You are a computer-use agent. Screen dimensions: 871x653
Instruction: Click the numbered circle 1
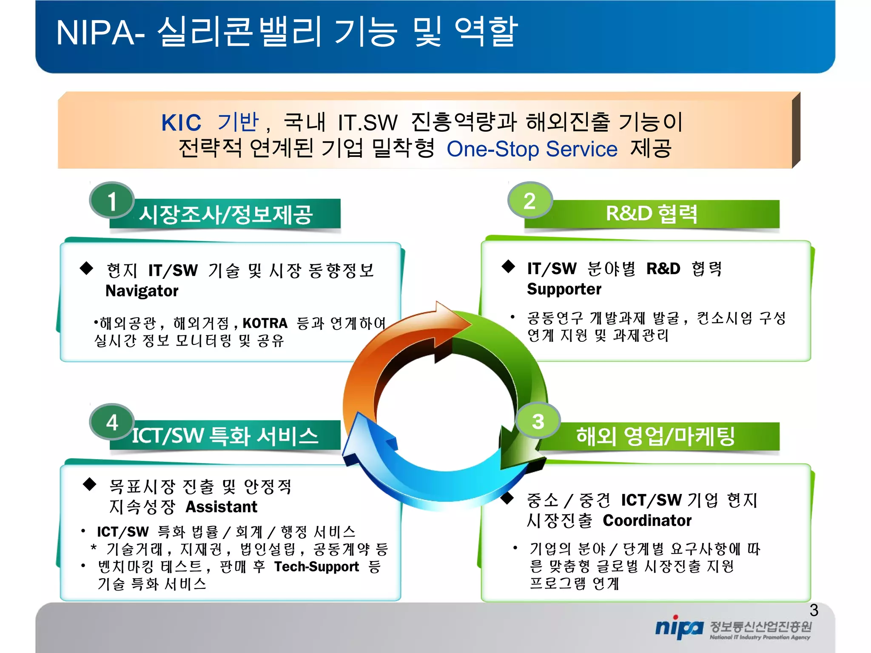pyautogui.click(x=111, y=200)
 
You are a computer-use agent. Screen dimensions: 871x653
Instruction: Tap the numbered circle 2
pyautogui.click(x=529, y=200)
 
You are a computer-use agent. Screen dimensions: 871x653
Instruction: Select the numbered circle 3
pyautogui.click(x=538, y=421)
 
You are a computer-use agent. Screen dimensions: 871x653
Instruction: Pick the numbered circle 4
pyautogui.click(x=111, y=422)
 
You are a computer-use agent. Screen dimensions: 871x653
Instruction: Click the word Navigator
pyautogui.click(x=142, y=291)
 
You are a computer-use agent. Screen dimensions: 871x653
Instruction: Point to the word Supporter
pyautogui.click(x=564, y=289)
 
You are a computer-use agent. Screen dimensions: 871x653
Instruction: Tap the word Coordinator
pyautogui.click(x=647, y=520)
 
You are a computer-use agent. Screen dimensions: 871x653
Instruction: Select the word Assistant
pyautogui.click(x=221, y=507)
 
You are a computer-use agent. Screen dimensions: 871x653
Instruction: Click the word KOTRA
pyautogui.click(x=265, y=323)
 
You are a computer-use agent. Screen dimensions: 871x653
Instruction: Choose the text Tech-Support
pyautogui.click(x=316, y=567)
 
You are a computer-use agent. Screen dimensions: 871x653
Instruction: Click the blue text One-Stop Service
pyautogui.click(x=532, y=149)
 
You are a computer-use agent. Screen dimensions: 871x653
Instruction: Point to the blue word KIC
pyautogui.click(x=181, y=123)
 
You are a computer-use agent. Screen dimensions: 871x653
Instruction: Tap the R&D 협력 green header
pyautogui.click(x=651, y=213)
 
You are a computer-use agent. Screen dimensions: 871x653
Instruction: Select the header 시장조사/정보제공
pyautogui.click(x=226, y=214)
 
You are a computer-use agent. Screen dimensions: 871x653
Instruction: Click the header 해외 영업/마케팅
pyautogui.click(x=655, y=436)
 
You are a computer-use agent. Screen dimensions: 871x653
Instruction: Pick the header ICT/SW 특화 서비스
pyautogui.click(x=225, y=436)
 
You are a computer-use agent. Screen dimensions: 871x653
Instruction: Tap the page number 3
pyautogui.click(x=814, y=610)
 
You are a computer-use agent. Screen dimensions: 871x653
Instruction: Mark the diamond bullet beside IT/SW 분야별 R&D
pyautogui.click(x=508, y=267)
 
